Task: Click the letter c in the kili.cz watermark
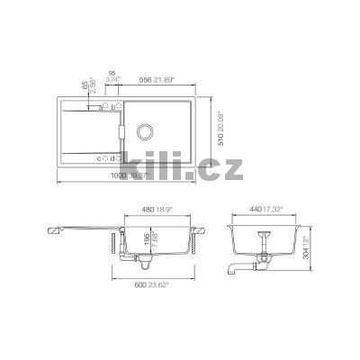click(201, 163)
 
